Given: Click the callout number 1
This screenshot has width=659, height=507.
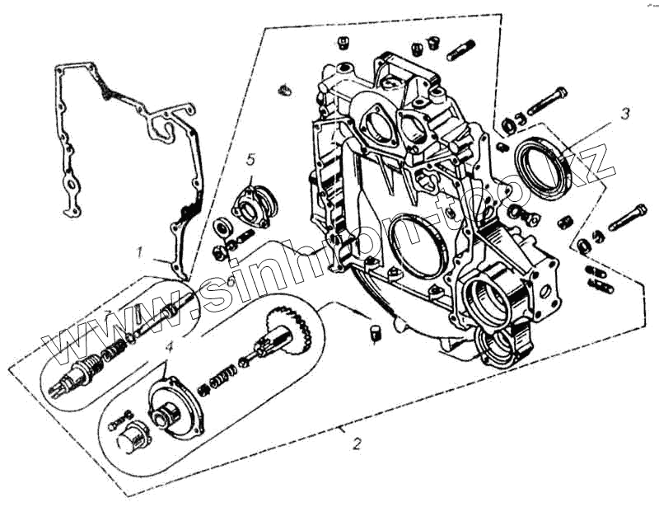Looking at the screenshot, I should [x=141, y=250].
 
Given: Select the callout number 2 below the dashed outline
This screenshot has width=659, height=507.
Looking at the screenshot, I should [x=356, y=444].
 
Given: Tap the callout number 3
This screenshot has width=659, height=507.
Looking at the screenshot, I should [x=625, y=113].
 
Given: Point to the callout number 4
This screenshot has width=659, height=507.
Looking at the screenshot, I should [x=168, y=346].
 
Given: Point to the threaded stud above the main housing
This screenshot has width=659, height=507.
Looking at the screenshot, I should [x=460, y=50].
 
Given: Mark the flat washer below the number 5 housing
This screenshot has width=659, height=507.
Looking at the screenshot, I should [x=222, y=227].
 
